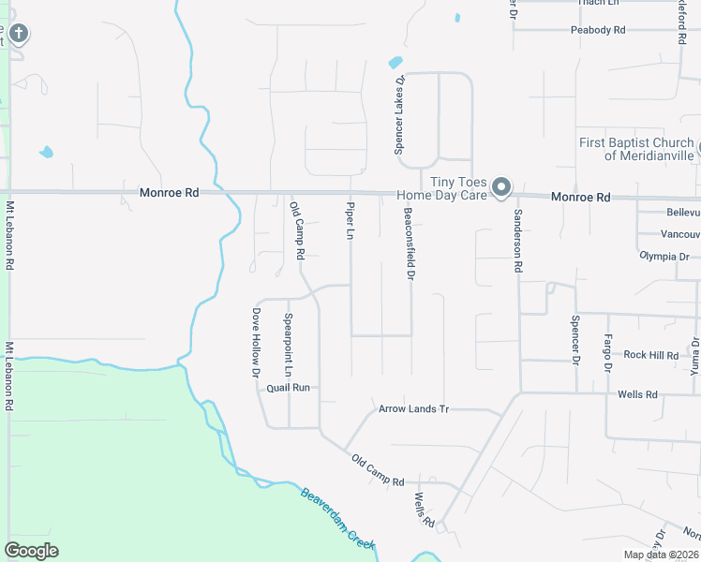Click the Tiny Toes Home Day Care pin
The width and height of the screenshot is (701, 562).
tap(501, 186)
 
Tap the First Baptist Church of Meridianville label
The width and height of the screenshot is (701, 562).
tap(636, 149)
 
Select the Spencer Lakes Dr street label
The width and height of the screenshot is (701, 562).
tap(399, 115)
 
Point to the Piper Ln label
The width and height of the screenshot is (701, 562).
tap(350, 220)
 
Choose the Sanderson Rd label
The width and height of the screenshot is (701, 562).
tap(516, 241)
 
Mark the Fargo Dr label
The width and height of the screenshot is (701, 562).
tap(607, 353)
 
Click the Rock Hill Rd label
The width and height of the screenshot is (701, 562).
tap(650, 355)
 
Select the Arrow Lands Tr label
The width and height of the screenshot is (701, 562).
tap(414, 409)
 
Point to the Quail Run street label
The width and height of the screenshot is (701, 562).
tap(288, 387)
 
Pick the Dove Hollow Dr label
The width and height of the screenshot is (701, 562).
tap(255, 343)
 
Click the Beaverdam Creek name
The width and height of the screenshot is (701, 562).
tap(337, 518)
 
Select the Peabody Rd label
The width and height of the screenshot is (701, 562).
tap(598, 30)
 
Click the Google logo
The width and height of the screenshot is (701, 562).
tap(31, 551)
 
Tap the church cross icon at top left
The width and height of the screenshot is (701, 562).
tap(18, 35)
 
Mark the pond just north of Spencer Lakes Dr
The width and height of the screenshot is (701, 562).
tap(395, 63)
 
